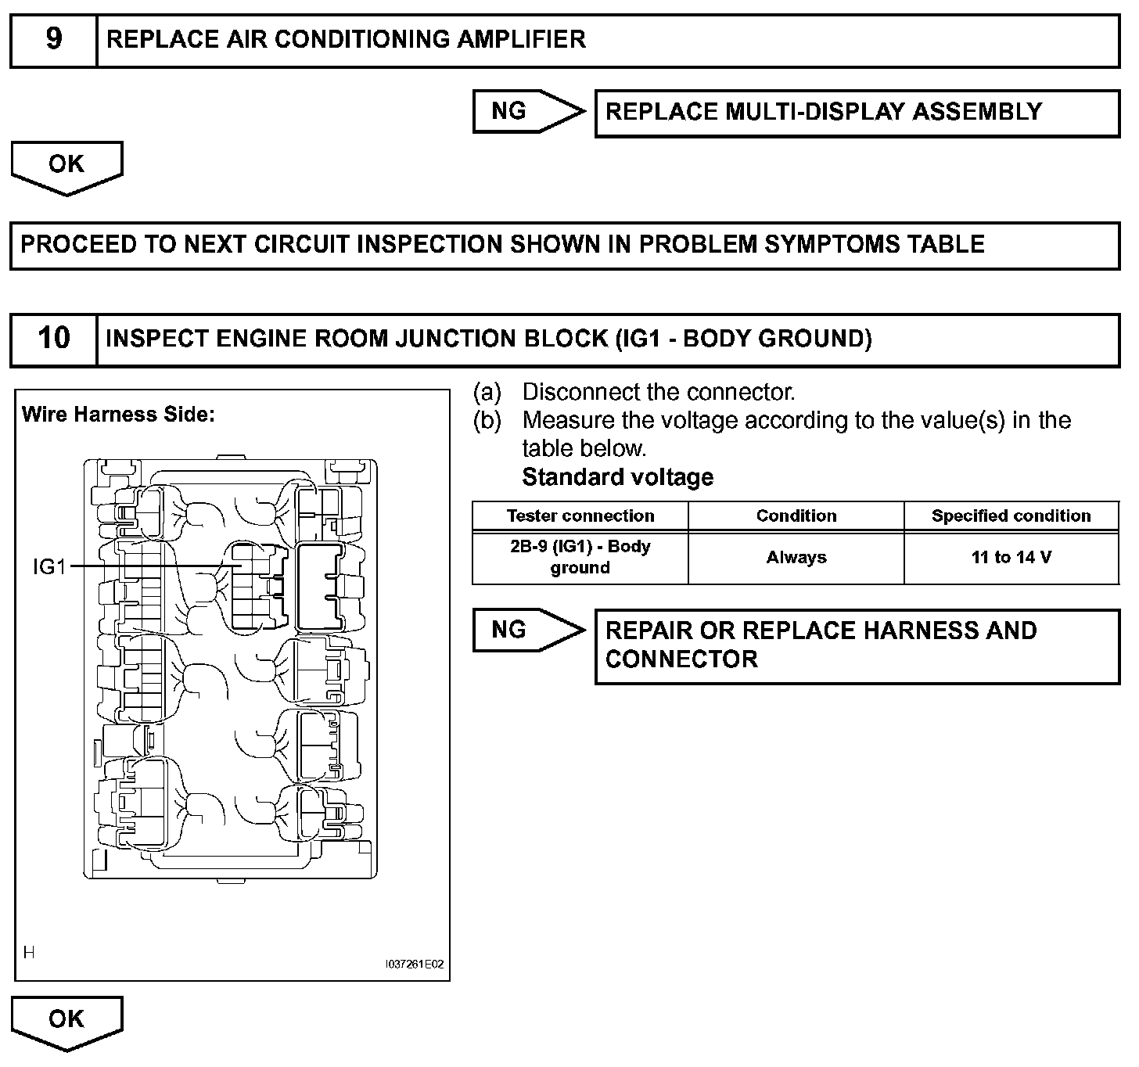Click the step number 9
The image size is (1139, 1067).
(x=53, y=39)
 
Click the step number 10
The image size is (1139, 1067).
(x=53, y=339)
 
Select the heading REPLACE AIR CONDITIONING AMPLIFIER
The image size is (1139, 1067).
(x=346, y=39)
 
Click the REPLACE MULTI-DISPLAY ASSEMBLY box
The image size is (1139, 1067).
(x=857, y=113)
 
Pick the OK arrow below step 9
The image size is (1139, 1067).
(x=66, y=166)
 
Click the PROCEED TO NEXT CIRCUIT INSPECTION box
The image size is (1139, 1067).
(x=564, y=245)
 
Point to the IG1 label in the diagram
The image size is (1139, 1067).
(x=49, y=566)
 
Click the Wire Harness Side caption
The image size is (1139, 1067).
(x=118, y=415)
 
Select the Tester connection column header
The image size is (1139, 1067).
(x=580, y=516)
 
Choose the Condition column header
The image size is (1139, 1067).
(x=796, y=516)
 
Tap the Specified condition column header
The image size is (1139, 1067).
(x=1011, y=516)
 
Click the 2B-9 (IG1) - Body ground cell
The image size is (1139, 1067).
(x=580, y=557)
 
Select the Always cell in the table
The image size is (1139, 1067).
(x=796, y=558)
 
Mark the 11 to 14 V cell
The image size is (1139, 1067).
(x=1011, y=558)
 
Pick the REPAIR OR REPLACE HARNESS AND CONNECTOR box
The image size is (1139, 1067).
(x=857, y=646)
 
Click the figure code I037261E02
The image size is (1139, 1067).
(x=415, y=965)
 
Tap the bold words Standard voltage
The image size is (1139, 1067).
(x=617, y=477)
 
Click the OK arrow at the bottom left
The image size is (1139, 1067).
(x=66, y=1020)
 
